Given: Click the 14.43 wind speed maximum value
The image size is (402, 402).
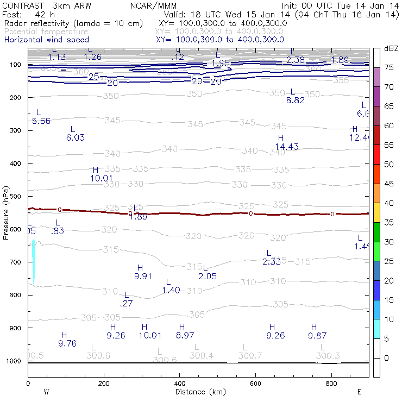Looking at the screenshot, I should (x=287, y=147).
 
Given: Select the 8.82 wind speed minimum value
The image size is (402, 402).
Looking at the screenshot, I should (x=295, y=100).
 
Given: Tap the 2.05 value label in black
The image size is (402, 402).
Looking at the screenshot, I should (x=208, y=276).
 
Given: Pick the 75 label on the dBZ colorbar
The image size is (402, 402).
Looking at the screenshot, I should (x=388, y=68).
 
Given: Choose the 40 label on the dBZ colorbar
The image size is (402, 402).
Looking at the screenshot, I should (x=388, y=203).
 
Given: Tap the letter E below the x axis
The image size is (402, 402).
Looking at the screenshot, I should (x=359, y=392).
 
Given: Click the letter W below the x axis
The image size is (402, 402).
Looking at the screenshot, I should (x=47, y=392).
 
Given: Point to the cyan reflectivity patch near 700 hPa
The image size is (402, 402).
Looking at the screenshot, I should (x=34, y=261).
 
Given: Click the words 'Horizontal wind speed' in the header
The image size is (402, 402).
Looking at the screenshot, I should (x=47, y=40).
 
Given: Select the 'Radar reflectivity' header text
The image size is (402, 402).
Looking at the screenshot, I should (x=41, y=24).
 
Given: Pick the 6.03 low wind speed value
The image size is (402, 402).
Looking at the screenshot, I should (x=75, y=137).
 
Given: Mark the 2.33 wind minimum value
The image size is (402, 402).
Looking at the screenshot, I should (x=272, y=261).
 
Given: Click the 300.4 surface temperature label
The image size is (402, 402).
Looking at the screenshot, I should (x=202, y=355).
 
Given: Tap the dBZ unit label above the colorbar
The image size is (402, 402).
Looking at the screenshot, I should (x=391, y=48).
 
